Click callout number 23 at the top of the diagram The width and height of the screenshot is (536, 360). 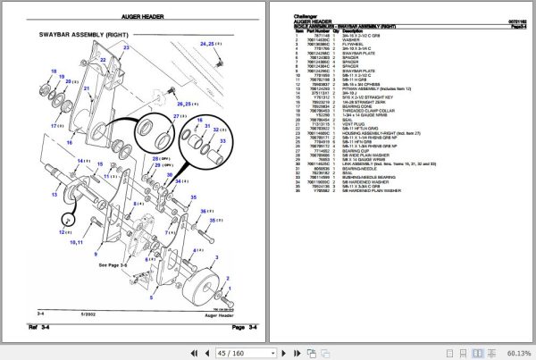click(x=126, y=46)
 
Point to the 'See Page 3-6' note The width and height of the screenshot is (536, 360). click(x=116, y=265)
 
